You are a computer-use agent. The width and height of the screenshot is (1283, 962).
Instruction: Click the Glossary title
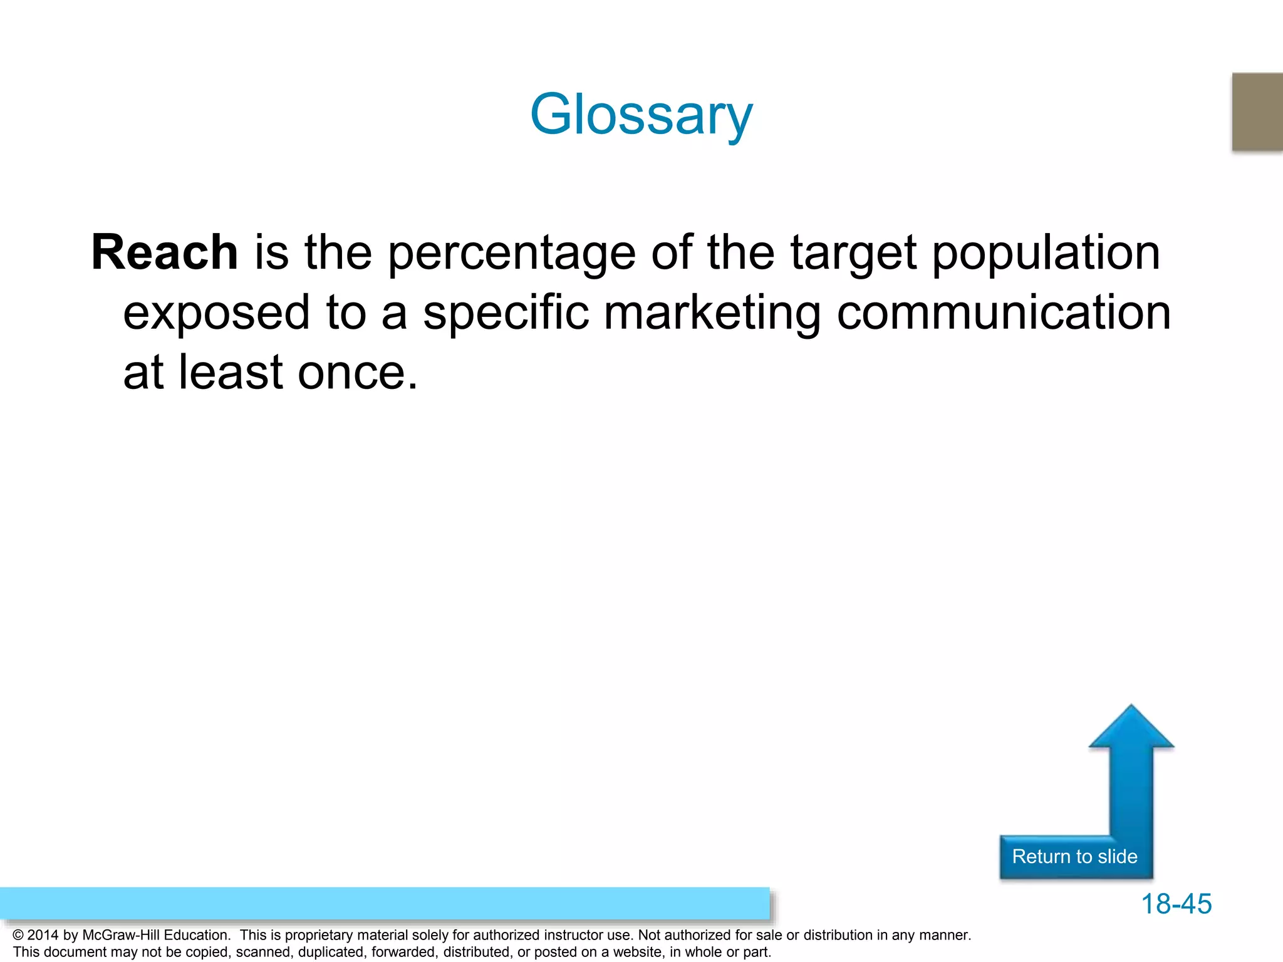[641, 115]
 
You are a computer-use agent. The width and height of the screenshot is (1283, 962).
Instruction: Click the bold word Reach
[164, 252]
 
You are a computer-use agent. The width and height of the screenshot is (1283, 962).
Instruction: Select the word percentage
[512, 254]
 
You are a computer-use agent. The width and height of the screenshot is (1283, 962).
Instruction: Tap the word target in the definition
[854, 254]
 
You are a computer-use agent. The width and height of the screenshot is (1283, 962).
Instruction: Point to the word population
[1046, 254]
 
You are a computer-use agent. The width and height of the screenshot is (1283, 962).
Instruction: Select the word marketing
[712, 313]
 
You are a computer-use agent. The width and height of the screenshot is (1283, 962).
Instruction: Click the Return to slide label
[1074, 856]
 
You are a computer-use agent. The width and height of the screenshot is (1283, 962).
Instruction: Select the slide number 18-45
[1176, 904]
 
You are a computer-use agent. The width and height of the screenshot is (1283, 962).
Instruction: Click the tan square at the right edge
[1257, 111]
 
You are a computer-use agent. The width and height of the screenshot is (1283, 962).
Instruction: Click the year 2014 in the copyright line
[43, 935]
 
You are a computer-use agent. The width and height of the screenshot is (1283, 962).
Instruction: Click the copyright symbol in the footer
[18, 935]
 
